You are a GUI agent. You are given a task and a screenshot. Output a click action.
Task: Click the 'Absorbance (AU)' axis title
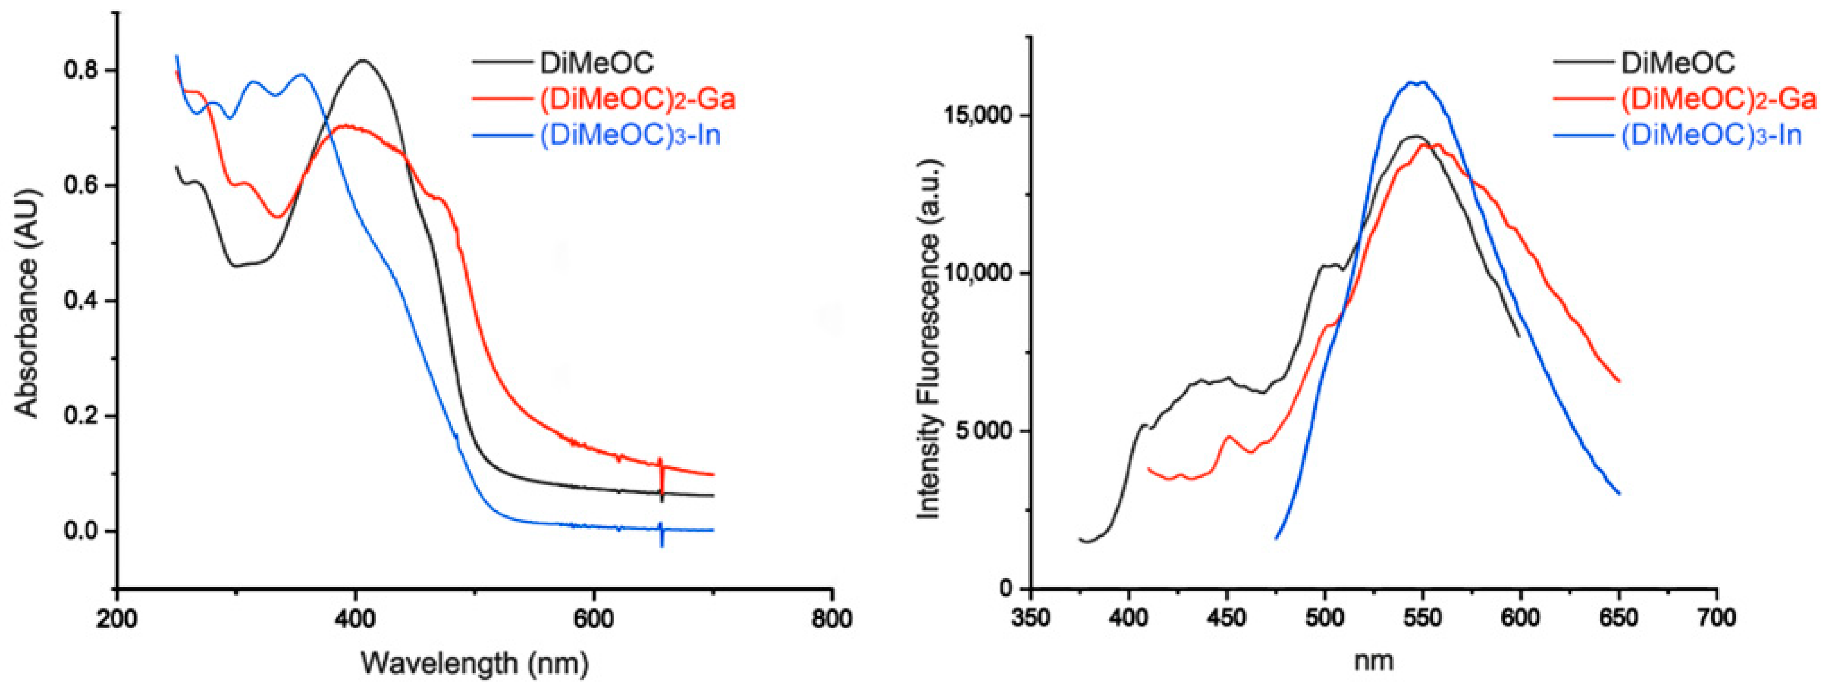[x=27, y=301]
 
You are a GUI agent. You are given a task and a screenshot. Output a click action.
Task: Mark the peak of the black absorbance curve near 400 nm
[x=363, y=60]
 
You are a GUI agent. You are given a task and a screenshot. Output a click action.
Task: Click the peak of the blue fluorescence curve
[x=1418, y=82]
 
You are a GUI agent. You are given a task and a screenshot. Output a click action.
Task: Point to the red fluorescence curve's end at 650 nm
[x=1618, y=381]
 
